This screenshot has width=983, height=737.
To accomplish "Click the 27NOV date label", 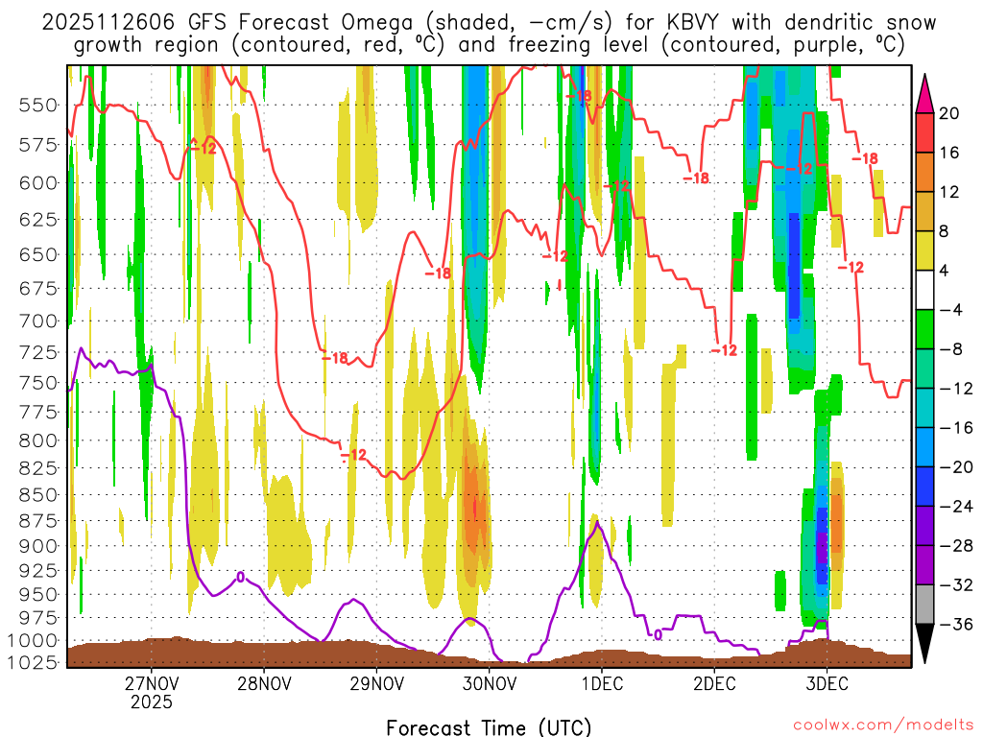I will (151, 684).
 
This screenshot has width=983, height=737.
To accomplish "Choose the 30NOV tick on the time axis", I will (490, 684).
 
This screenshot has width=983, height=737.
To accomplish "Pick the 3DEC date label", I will (827, 684).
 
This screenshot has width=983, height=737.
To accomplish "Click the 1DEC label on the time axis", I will (602, 684).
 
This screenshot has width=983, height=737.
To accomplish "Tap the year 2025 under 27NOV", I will (151, 702).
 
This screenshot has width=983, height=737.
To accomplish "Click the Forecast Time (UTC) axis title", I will (489, 726).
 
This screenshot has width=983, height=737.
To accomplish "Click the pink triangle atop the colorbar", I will (926, 92).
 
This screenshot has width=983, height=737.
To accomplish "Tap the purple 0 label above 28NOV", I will (240, 577).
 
